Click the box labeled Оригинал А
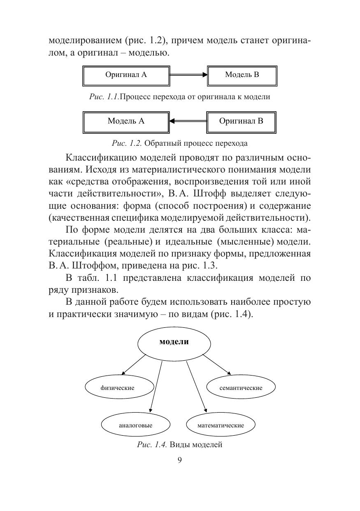tap(126, 75)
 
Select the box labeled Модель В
tap(242, 75)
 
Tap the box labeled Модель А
tap(126, 121)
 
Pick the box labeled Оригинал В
tap(241, 121)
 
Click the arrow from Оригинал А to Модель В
tap(188, 75)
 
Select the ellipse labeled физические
tap(119, 387)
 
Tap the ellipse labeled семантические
tap(241, 387)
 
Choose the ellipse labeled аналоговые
tap(135, 425)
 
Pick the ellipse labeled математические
tap(221, 425)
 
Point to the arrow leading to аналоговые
tap(156, 387)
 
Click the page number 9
tap(179, 460)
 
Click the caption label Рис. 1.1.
tap(105, 97)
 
